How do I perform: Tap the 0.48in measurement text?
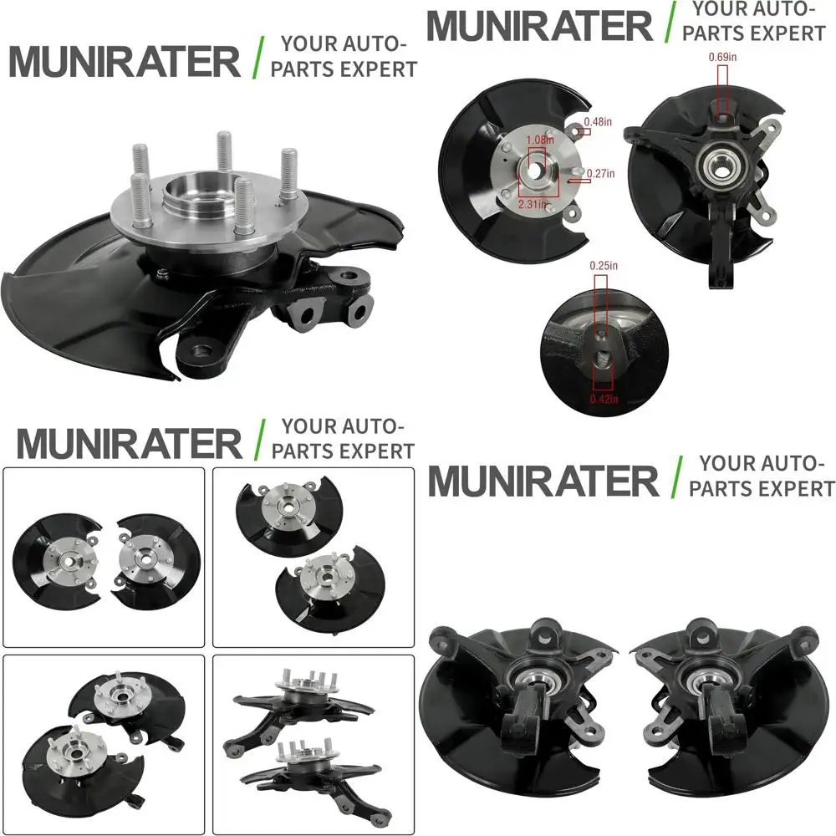[599, 121]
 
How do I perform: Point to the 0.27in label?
[600, 174]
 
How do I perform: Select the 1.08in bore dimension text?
[539, 140]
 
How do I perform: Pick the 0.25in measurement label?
[604, 265]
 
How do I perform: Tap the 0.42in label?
[604, 399]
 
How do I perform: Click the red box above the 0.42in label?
[604, 372]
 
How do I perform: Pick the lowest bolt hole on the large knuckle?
[201, 351]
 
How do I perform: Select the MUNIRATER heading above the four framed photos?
[129, 442]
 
